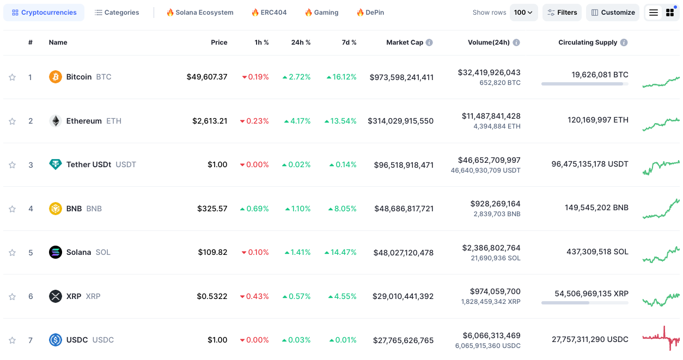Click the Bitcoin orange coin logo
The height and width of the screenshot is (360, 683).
click(x=56, y=77)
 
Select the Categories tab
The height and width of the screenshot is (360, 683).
click(x=117, y=13)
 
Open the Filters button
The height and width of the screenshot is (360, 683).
click(x=562, y=13)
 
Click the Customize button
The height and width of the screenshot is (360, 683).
click(x=613, y=13)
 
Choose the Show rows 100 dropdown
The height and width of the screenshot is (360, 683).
click(x=523, y=13)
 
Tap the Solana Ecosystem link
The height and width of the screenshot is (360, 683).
click(x=200, y=13)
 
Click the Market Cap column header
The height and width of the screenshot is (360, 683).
click(x=404, y=42)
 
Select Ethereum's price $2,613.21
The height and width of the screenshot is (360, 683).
click(x=210, y=121)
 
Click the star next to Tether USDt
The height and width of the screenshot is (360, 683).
click(x=12, y=165)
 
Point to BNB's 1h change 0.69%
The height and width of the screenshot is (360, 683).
click(x=254, y=209)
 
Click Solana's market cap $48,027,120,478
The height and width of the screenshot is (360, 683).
click(x=403, y=253)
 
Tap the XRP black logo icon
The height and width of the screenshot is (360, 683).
click(x=56, y=296)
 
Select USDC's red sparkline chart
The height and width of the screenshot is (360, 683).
click(x=661, y=339)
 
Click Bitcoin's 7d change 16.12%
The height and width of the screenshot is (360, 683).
click(x=342, y=77)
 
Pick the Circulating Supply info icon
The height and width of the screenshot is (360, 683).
click(x=624, y=42)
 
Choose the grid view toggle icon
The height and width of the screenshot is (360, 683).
click(x=670, y=13)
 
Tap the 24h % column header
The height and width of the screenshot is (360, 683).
click(x=301, y=42)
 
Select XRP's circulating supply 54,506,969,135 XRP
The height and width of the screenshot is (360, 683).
click(x=591, y=294)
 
